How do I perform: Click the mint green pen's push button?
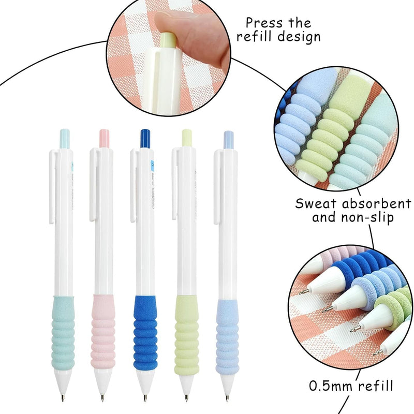click(65, 137)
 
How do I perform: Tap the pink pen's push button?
click(104, 137)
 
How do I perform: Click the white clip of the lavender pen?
click(216, 186)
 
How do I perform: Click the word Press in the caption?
click(264, 23)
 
